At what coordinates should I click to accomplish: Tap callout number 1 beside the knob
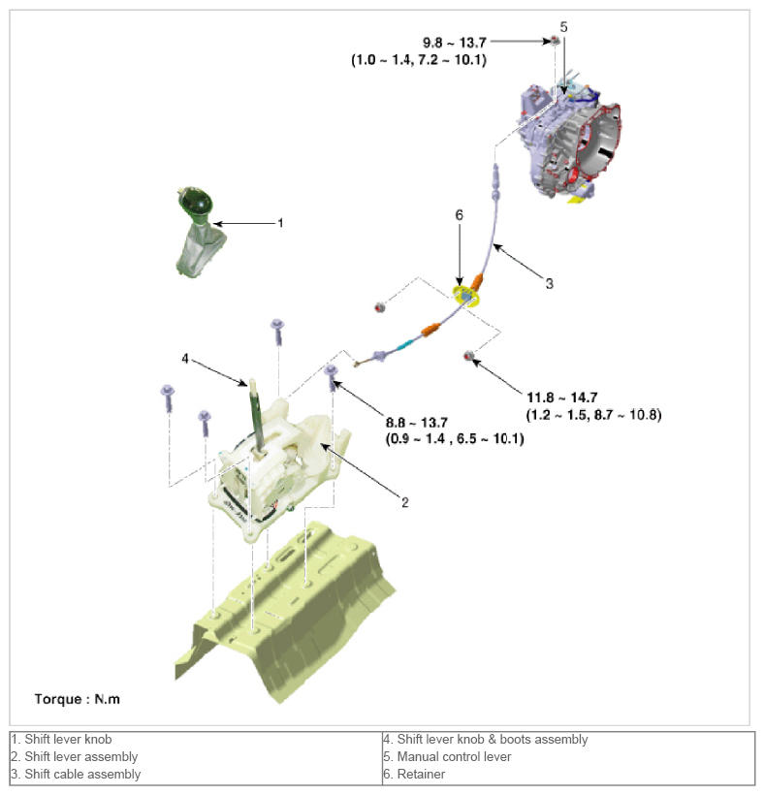click(x=280, y=223)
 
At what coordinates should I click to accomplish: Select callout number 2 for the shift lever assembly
click(x=405, y=501)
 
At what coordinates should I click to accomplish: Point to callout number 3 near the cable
click(x=549, y=284)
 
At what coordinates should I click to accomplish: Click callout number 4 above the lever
click(x=184, y=358)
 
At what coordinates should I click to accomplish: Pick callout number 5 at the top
click(x=563, y=26)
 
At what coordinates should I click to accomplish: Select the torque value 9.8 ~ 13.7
click(x=455, y=43)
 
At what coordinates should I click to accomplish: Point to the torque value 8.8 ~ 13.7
click(x=416, y=422)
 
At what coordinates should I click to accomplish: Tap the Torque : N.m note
click(x=78, y=698)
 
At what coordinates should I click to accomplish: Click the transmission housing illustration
click(x=572, y=136)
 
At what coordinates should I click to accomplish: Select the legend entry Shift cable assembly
click(x=76, y=774)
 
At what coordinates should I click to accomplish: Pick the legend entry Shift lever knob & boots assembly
click(x=486, y=739)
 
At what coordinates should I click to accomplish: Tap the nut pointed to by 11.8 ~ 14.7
click(x=469, y=356)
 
